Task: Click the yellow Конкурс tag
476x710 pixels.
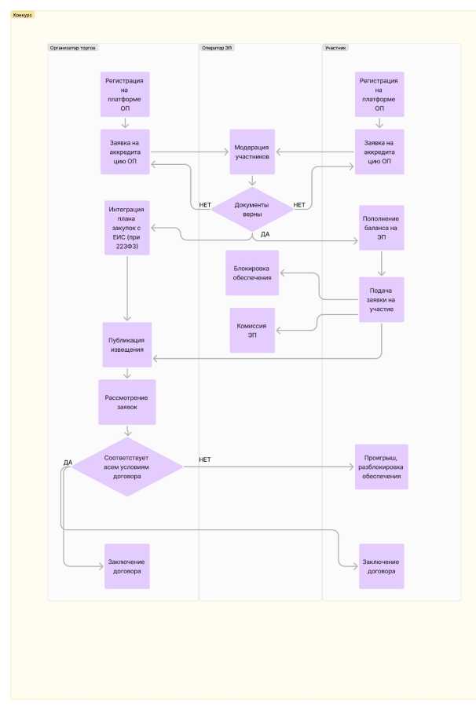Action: [x=23, y=15]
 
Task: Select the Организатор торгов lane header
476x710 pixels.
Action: [x=72, y=48]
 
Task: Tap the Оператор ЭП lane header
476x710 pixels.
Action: [x=218, y=48]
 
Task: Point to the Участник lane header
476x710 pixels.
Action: [x=336, y=48]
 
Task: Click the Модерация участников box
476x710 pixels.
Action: [x=252, y=152]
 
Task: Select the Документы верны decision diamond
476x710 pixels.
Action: [x=252, y=209]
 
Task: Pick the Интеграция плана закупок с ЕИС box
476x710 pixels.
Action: [x=126, y=228]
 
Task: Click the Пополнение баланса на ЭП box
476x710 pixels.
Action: [x=381, y=228]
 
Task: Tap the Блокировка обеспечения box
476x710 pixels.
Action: [x=252, y=273]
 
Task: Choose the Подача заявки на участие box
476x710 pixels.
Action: [x=381, y=299]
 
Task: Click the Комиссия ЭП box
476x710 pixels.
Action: [x=252, y=330]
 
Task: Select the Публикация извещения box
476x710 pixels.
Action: [x=126, y=344]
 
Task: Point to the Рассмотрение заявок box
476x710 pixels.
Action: [x=126, y=402]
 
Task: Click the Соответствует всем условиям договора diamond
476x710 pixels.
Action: [x=132, y=467]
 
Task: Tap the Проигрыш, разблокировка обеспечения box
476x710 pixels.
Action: [x=381, y=467]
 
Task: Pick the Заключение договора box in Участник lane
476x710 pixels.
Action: [x=381, y=566]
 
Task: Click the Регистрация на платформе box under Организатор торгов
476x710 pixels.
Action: [x=126, y=94]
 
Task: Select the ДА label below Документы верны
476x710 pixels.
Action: [x=265, y=234]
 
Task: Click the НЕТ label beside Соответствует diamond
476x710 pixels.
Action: [x=205, y=459]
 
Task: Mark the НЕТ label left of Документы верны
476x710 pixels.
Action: [x=205, y=205]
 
